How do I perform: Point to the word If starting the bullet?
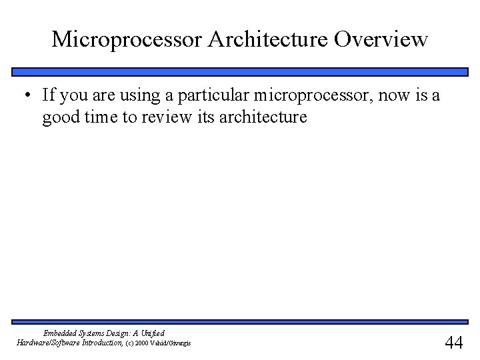48,95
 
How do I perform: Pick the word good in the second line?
59,118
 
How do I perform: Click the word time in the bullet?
100,118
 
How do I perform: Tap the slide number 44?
453,342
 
